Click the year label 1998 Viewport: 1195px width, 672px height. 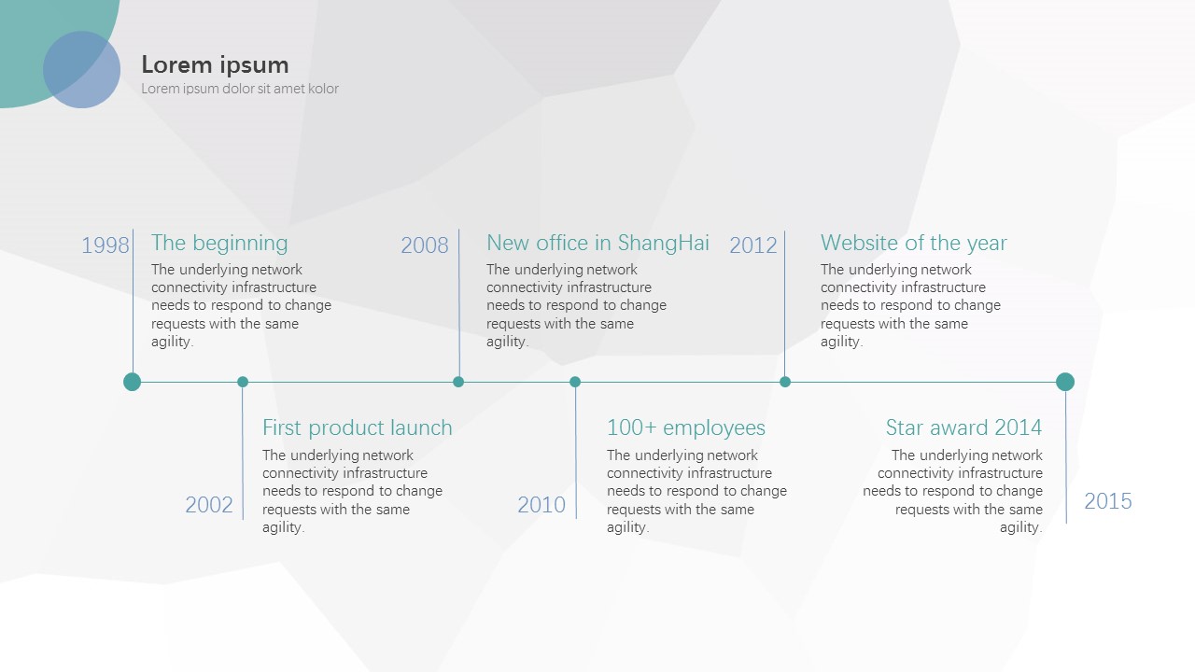click(105, 245)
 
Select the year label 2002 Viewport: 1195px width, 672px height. click(209, 505)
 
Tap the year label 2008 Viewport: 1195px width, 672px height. click(425, 245)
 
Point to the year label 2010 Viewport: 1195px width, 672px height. click(541, 505)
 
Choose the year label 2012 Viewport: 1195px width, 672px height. click(753, 245)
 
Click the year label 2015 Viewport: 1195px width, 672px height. click(1108, 501)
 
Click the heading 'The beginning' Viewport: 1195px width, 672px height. click(219, 244)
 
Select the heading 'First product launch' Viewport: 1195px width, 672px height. click(358, 427)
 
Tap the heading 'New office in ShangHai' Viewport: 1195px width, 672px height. click(598, 244)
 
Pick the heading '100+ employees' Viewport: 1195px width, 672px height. click(686, 427)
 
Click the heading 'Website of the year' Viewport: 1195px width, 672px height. click(914, 244)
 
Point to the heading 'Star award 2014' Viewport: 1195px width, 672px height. click(964, 427)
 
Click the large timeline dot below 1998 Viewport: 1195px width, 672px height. click(133, 382)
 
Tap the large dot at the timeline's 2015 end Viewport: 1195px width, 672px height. click(1065, 382)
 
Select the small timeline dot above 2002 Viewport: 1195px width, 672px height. click(243, 382)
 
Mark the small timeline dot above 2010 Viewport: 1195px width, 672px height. click(575, 382)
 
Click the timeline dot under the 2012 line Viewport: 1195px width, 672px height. click(785, 382)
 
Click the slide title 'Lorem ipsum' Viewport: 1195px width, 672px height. click(215, 65)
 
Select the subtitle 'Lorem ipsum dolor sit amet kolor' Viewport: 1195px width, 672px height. click(240, 89)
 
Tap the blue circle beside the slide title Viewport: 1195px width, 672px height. click(81, 70)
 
